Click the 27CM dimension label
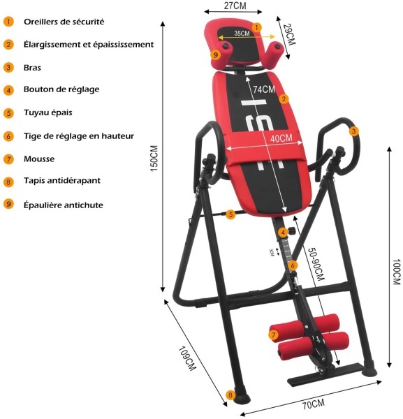[235, 6]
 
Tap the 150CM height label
[154, 159]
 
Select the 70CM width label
[314, 404]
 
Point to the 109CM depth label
[187, 359]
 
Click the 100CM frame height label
[397, 272]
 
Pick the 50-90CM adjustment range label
[316, 264]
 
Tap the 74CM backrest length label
[264, 89]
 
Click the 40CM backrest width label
[281, 138]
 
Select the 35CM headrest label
[242, 34]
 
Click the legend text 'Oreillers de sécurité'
[64, 22]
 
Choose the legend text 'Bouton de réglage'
[61, 89]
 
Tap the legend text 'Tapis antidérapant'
[62, 180]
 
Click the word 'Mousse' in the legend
[39, 159]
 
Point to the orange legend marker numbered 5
[8, 113]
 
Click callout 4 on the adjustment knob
[283, 233]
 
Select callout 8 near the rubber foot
[230, 395]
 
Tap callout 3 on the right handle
[354, 131]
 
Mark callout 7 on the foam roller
[273, 335]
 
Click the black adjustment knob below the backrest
[291, 230]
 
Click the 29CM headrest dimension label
[291, 34]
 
